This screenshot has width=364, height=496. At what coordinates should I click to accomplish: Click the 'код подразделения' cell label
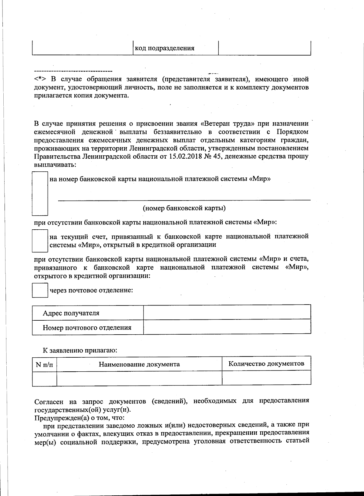tap(164, 48)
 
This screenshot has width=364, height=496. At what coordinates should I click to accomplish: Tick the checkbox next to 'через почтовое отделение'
tap(40, 290)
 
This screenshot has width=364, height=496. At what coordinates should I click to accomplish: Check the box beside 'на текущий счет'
tap(40, 241)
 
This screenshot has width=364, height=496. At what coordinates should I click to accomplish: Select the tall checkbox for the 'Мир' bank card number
tap(40, 193)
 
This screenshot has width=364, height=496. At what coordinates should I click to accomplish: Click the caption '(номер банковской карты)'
tap(184, 208)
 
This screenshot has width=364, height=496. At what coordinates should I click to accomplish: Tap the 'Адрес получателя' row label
tap(71, 313)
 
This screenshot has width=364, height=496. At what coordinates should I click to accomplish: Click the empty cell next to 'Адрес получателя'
tap(227, 312)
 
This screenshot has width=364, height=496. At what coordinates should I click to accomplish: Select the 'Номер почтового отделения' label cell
tap(87, 328)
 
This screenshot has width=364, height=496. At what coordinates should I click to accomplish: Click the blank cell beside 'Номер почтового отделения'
tap(227, 327)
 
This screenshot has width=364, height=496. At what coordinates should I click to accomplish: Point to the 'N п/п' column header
tap(44, 364)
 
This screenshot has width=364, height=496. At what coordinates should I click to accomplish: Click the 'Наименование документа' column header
tap(139, 364)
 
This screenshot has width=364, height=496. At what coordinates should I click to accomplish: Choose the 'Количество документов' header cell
tap(266, 363)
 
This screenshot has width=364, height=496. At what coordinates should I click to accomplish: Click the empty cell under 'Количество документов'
tap(266, 378)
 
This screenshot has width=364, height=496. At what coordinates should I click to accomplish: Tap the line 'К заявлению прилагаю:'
tap(80, 350)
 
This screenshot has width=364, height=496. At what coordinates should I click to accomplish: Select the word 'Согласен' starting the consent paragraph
tap(49, 402)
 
